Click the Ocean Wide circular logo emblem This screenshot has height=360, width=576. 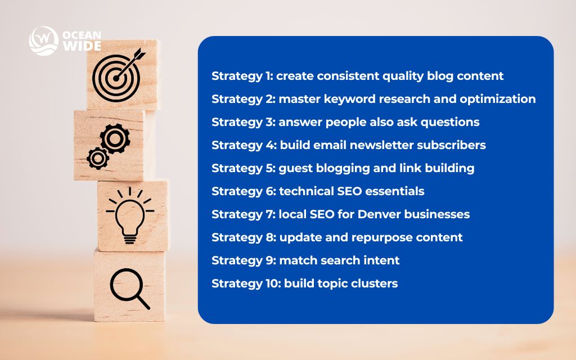(44, 41)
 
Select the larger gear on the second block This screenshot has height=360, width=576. (115, 137)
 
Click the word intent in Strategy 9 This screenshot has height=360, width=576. (381, 260)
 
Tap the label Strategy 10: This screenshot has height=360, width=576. (245, 283)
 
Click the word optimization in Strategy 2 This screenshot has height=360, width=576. (497, 99)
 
